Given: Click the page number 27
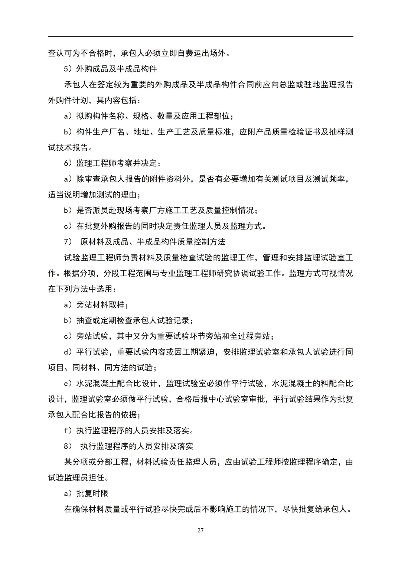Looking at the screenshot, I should click(200, 530).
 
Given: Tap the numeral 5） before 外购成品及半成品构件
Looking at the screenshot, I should click(69, 69).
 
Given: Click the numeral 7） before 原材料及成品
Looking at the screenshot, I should click(69, 242).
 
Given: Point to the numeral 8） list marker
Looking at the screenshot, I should click(69, 446).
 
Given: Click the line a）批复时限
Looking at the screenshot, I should click(86, 493).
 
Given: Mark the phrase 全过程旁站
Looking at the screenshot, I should click(252, 336).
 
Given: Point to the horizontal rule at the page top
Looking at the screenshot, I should click(200, 37).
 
